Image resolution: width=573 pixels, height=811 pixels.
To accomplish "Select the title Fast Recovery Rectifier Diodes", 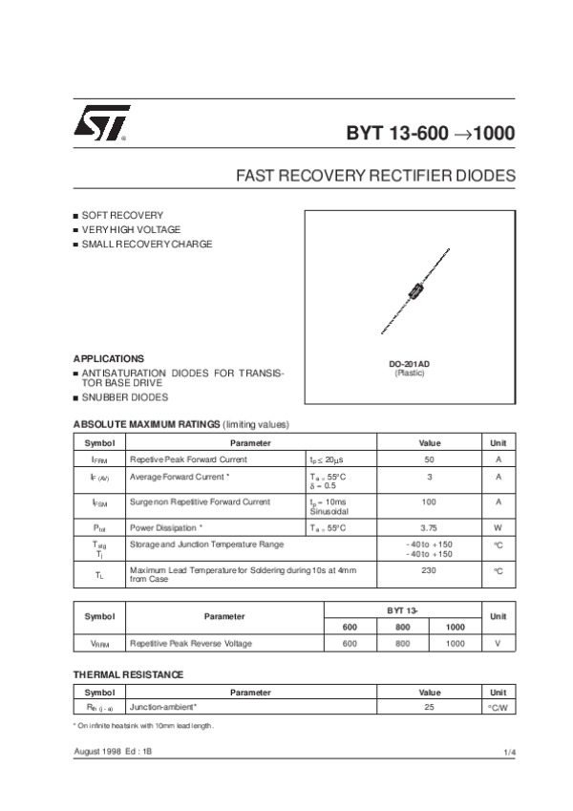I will [x=375, y=177].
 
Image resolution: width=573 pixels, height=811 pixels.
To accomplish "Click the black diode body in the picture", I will [x=414, y=292].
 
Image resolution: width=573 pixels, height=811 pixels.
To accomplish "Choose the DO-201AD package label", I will [x=409, y=364].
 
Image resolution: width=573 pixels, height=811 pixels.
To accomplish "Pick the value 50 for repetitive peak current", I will [x=430, y=459].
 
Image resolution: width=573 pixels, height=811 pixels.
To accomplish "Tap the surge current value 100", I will [x=430, y=502].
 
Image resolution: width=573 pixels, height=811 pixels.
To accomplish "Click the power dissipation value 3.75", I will [x=430, y=526].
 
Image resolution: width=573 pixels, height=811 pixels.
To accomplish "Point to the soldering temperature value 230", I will [x=430, y=569].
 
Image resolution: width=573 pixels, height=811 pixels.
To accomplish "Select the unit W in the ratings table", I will [x=498, y=526].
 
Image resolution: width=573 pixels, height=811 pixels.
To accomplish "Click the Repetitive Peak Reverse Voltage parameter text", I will [x=191, y=644].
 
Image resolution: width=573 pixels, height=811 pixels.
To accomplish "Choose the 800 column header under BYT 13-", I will [x=403, y=626].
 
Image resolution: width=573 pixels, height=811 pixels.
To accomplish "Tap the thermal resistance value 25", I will [x=430, y=708].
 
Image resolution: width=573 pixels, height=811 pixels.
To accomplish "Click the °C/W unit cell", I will [x=498, y=708].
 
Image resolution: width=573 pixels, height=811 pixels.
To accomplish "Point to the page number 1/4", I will [x=509, y=754].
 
